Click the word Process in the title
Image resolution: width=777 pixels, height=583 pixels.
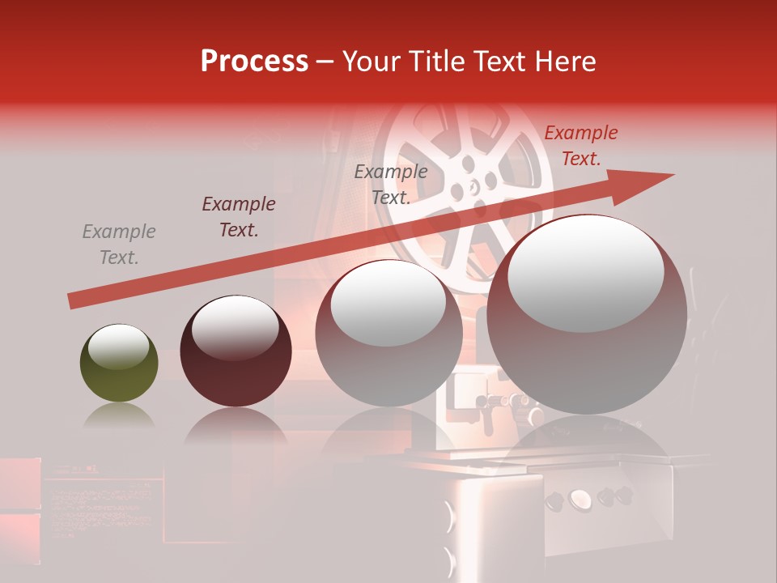[x=254, y=62]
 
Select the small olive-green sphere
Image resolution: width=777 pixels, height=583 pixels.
[x=119, y=364]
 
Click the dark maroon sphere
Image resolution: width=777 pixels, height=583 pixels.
[x=236, y=351]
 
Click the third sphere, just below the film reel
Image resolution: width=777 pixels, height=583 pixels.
[x=388, y=334]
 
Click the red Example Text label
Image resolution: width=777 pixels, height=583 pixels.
[x=580, y=146]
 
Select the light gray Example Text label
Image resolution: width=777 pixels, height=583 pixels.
[x=119, y=244]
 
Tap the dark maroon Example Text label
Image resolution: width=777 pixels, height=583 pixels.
[x=238, y=216]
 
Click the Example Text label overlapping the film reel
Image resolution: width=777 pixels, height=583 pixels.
[x=391, y=184]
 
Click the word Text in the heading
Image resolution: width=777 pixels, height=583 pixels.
[x=503, y=62]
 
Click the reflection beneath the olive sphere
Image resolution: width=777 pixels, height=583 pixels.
[x=119, y=418]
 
